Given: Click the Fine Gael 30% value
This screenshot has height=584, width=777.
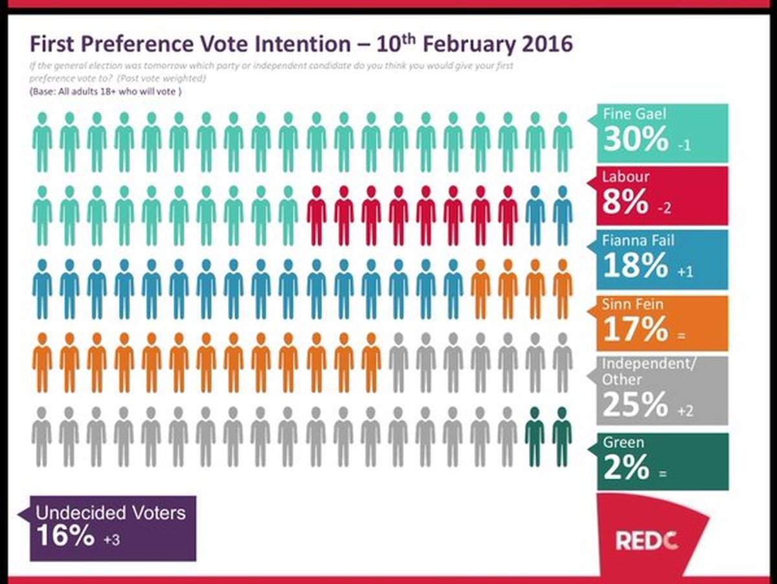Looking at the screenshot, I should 625,139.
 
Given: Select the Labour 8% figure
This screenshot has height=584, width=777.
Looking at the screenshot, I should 625,202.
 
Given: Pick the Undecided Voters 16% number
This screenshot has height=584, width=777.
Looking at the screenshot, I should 65,536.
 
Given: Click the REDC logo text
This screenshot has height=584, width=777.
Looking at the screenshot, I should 646,540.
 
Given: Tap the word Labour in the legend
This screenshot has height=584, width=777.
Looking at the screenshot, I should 625,177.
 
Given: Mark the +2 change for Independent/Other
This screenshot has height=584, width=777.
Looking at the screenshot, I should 684,411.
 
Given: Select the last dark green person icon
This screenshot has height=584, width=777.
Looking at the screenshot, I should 562,436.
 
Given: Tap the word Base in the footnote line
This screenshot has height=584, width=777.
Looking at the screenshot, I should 43,92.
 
